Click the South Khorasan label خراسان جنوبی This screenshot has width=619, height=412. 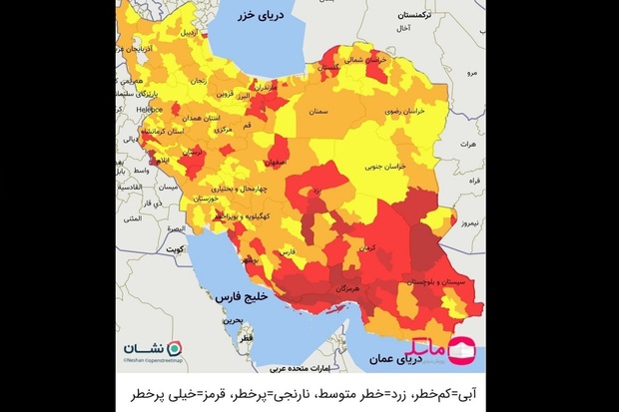[x=389, y=168]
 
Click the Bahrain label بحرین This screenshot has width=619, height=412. [x=234, y=321]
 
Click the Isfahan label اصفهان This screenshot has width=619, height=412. [x=281, y=161]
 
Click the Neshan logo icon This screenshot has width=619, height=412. [x=175, y=347]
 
